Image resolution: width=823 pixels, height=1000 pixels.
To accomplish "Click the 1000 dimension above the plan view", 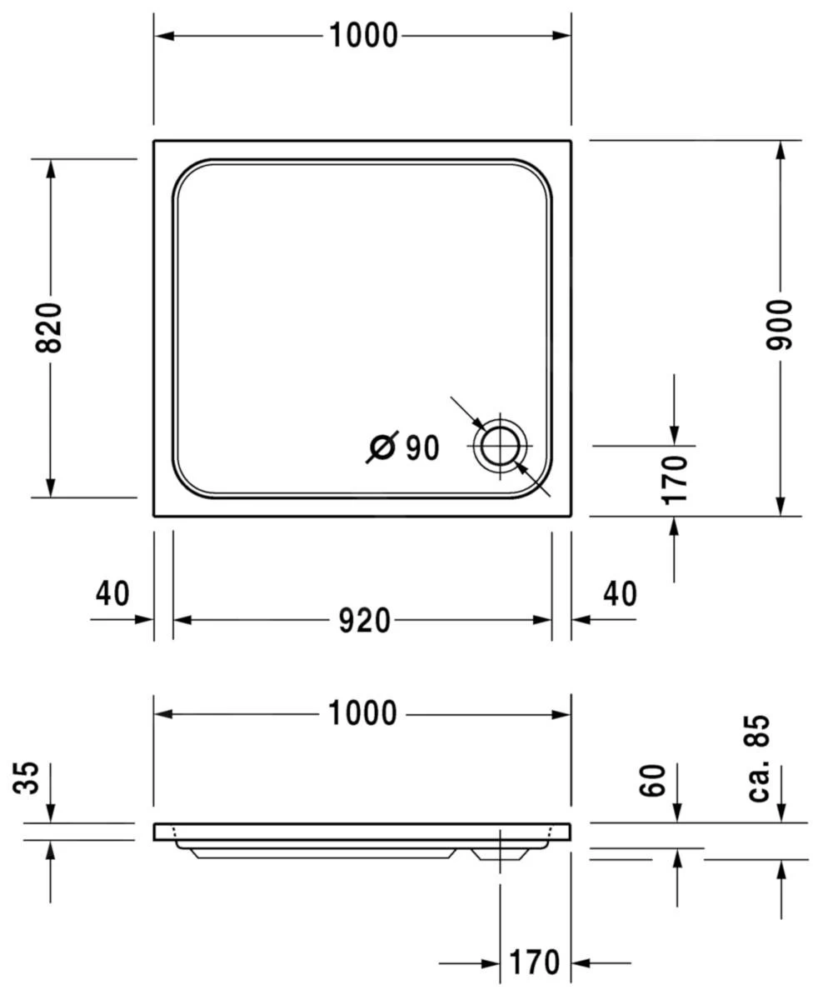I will coord(363,36).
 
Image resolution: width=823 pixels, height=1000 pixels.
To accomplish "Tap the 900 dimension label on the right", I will coord(781,324).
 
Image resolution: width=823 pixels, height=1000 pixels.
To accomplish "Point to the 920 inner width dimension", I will coord(364,620).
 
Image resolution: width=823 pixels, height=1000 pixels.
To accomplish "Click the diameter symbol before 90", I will coord(382,447).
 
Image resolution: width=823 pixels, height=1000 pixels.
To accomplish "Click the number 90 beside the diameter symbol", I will coord(422,448).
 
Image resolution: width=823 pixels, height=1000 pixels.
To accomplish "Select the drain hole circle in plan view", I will coord(501,445).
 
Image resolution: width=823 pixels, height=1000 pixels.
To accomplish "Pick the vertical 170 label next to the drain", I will coord(675,479).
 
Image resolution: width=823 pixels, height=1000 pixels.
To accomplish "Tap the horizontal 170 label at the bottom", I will coord(534,963).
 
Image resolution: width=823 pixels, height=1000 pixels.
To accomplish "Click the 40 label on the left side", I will coord(112,594).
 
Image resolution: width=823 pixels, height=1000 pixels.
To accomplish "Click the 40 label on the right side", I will coord(619,594).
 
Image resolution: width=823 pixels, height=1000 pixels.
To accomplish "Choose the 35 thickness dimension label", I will coord(30,778).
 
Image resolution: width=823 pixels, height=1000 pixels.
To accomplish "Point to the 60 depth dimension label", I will coord(655,781).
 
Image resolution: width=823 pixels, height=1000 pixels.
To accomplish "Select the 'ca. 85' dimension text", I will coord(759,758).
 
